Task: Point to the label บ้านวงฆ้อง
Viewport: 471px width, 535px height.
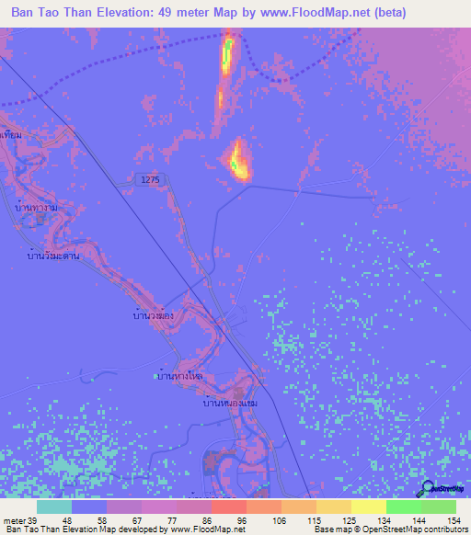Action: coord(154,315)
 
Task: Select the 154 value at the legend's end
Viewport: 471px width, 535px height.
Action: coord(452,521)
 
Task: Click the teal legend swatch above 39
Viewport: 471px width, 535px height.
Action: coord(54,507)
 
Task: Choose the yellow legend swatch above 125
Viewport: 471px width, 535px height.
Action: coord(333,507)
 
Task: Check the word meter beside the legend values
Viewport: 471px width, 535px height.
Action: coord(13,521)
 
